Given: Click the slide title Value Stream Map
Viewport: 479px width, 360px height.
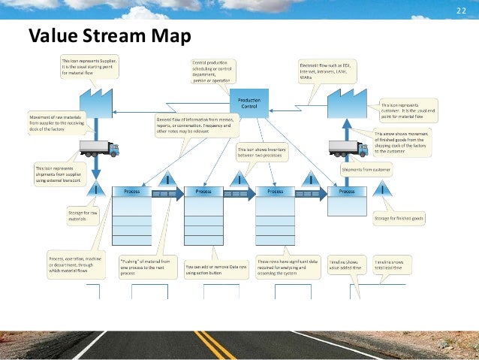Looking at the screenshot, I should coord(110,35).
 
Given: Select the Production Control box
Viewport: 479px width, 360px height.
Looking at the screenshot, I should coord(249,104).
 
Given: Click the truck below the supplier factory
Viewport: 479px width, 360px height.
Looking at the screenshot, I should coord(98,148).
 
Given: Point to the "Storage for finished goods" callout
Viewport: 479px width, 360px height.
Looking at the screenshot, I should coord(399,218).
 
